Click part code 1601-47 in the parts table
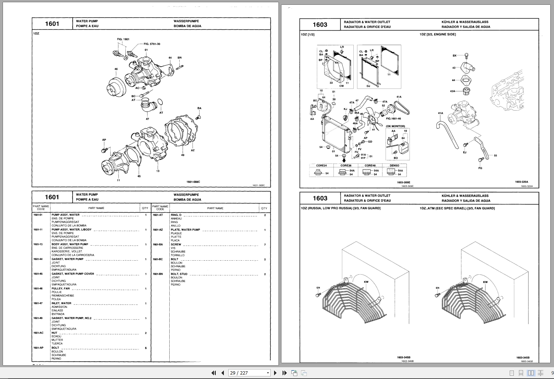(x=38, y=303)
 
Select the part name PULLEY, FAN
(x=60, y=289)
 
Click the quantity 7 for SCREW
(x=264, y=245)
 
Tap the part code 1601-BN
(x=157, y=274)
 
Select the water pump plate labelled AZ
(x=181, y=133)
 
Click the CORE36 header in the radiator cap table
(x=346, y=166)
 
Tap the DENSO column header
(x=394, y=166)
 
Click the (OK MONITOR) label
(x=395, y=126)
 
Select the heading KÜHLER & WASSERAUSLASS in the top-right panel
(x=465, y=22)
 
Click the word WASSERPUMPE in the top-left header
(x=186, y=21)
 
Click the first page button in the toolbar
(x=213, y=373)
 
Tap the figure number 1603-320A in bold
(x=522, y=182)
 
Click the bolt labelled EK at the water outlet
(x=466, y=56)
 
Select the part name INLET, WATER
(x=61, y=303)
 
